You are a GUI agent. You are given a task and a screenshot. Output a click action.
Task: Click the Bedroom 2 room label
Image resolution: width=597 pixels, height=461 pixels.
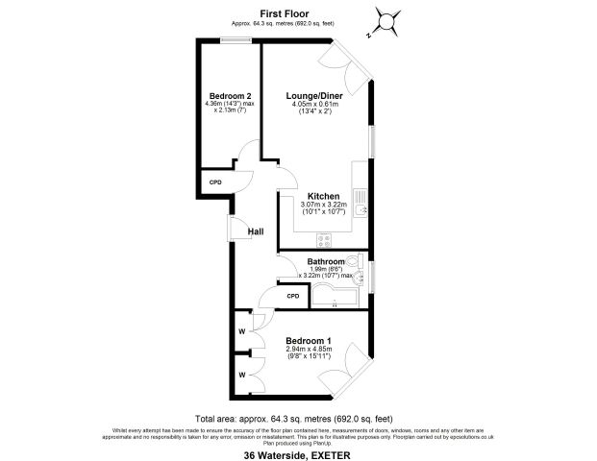tap(231, 95)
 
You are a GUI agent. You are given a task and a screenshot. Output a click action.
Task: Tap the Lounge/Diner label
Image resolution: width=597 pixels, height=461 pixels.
tap(315, 96)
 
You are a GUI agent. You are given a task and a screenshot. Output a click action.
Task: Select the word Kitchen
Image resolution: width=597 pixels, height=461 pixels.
tap(323, 196)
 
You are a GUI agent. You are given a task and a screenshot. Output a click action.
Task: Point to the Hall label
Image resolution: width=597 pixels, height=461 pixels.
tap(256, 231)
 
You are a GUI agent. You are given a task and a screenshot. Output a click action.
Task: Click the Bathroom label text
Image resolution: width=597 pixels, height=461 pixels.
tap(326, 261)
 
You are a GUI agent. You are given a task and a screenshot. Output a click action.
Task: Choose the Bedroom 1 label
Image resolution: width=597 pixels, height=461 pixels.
tap(309, 341)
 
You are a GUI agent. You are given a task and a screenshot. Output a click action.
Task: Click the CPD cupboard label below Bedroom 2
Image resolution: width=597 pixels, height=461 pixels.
tap(215, 182)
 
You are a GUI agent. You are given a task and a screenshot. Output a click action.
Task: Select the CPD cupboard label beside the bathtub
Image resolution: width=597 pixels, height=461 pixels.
tap(293, 296)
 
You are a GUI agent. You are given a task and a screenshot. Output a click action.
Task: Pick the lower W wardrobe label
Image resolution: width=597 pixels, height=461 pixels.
tap(241, 374)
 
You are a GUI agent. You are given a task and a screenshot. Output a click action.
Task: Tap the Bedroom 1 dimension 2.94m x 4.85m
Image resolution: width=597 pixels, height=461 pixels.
tap(309, 350)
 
